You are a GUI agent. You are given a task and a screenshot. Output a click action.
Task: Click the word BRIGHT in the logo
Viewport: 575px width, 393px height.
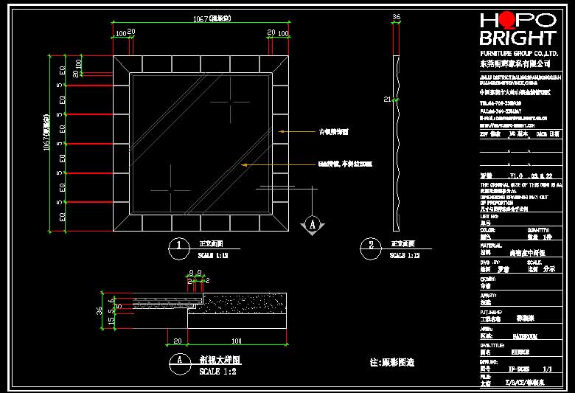(517, 38)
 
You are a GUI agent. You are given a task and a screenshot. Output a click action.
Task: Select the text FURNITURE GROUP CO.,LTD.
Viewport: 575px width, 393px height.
(517, 55)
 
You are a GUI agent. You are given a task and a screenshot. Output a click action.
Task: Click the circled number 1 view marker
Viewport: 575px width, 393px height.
(179, 248)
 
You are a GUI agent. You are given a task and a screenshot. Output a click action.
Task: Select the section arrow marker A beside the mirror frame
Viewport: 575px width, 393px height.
(313, 223)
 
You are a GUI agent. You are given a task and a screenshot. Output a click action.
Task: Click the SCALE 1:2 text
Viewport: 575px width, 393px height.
(219, 372)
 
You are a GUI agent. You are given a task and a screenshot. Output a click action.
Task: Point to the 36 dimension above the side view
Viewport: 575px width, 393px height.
(397, 16)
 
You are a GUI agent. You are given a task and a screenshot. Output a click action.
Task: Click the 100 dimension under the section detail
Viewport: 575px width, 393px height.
(237, 341)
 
